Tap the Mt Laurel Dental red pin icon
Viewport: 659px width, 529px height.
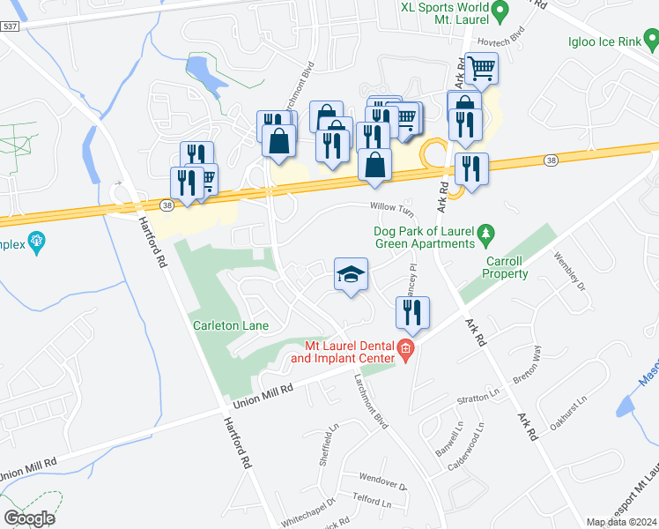pos(405,351)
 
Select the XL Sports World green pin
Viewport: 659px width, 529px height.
pos(500,11)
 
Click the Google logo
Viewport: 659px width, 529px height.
pos(29,518)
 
